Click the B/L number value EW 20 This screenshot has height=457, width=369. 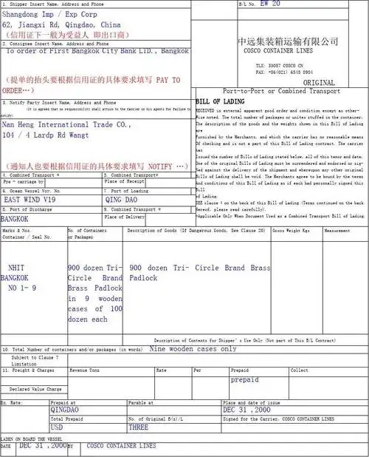[x=270, y=4]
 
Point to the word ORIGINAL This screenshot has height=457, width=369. [x=319, y=83]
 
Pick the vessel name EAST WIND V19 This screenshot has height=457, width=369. [x=30, y=200]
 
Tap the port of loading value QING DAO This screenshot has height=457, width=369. [x=123, y=200]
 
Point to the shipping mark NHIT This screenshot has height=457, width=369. [x=18, y=268]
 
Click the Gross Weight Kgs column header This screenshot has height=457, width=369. [x=292, y=231]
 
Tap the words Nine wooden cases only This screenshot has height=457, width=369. [x=193, y=348]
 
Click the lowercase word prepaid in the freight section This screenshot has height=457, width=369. [x=244, y=379]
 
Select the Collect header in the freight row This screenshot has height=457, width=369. [x=300, y=370]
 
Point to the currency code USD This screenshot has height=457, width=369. [x=57, y=427]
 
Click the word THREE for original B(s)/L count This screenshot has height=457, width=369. [x=139, y=427]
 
